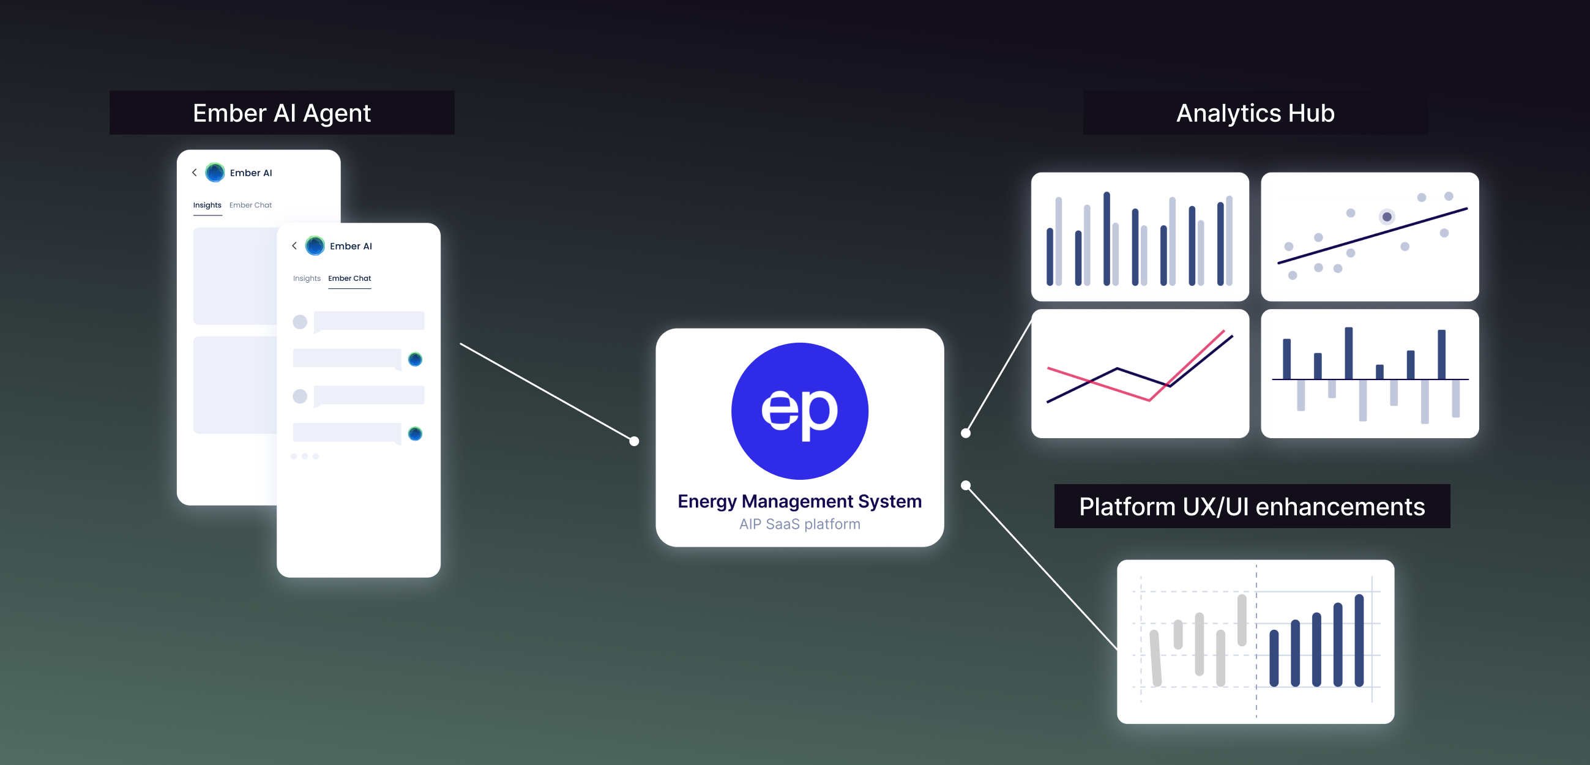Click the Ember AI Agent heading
[282, 113]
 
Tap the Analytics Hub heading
[1255, 113]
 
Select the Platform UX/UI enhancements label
[1251, 506]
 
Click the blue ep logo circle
[799, 411]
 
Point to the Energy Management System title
[799, 501]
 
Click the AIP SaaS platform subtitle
[799, 524]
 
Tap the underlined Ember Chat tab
[349, 278]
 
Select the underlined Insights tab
[207, 205]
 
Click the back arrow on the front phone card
[294, 246]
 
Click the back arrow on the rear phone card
[195, 172]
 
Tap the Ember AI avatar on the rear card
[215, 172]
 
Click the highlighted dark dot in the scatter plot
[1386, 217]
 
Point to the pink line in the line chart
[1099, 384]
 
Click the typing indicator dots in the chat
[304, 457]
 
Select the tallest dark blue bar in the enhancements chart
[1359, 640]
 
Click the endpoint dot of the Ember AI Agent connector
[634, 441]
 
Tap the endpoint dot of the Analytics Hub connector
[965, 433]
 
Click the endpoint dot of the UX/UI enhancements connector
[965, 485]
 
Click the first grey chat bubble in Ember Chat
[368, 321]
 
